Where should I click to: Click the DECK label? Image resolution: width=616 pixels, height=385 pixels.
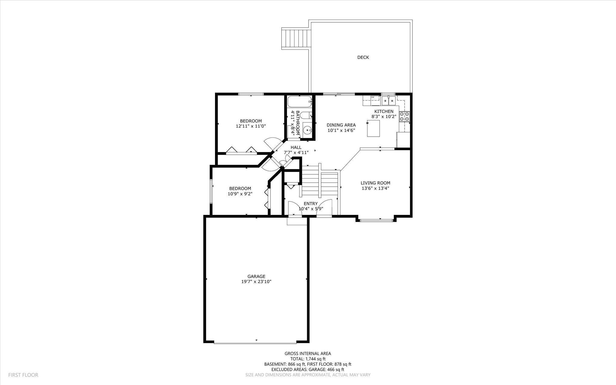point(363,57)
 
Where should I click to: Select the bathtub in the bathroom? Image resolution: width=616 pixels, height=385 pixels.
point(300,102)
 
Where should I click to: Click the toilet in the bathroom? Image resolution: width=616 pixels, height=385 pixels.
point(306,116)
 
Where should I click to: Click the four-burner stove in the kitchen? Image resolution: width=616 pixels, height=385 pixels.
point(404,116)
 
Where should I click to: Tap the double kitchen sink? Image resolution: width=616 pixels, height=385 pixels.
point(389,101)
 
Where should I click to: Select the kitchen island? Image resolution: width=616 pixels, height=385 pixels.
point(374,128)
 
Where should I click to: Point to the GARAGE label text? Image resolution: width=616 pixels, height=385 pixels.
point(256,276)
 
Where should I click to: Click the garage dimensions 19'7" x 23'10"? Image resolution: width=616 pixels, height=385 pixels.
point(256,282)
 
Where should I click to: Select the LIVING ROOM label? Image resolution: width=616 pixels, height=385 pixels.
point(375,183)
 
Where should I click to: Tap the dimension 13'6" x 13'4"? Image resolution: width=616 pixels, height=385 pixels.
point(375,188)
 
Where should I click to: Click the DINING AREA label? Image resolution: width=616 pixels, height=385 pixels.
point(341,125)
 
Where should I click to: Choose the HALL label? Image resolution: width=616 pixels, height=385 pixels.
point(296,147)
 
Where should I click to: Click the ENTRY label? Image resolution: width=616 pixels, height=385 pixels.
point(311,203)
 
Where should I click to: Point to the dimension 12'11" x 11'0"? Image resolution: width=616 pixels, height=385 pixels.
point(251,126)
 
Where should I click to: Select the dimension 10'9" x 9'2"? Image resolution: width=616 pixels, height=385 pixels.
point(240,194)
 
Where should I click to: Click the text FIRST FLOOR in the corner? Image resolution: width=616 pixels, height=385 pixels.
point(23,375)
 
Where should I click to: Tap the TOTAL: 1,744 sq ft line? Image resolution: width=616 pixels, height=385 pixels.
point(308,359)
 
